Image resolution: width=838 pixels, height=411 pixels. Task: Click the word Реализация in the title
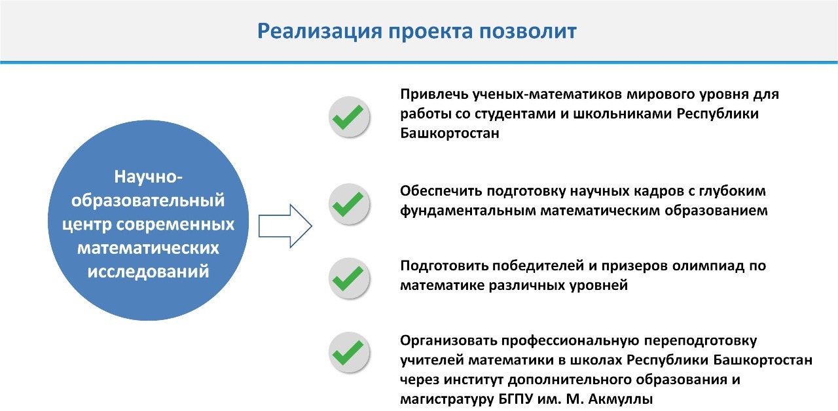pyautogui.click(x=320, y=31)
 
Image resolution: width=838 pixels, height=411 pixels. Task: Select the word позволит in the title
pyautogui.click(x=528, y=31)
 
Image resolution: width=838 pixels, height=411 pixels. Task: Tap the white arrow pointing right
pyautogui.click(x=285, y=226)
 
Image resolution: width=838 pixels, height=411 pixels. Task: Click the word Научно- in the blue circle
pyautogui.click(x=148, y=177)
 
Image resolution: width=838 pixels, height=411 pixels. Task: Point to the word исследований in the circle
pyautogui.click(x=148, y=272)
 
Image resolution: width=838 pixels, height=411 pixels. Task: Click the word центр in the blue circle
pyautogui.click(x=87, y=224)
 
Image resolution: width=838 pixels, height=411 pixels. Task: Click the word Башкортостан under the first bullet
pyautogui.click(x=450, y=133)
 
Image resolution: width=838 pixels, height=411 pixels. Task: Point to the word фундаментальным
pyautogui.click(x=468, y=211)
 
